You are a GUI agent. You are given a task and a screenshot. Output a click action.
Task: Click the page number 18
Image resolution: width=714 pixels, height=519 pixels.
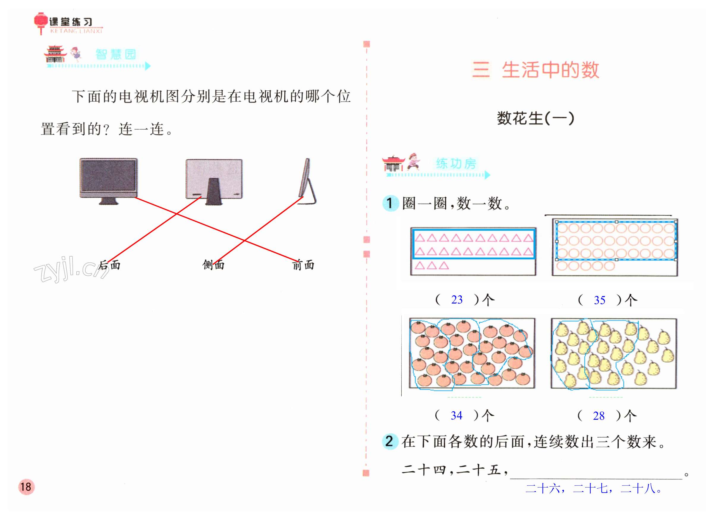pos(26,487)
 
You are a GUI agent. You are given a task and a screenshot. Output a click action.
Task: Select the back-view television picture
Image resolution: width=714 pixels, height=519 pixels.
pos(214,181)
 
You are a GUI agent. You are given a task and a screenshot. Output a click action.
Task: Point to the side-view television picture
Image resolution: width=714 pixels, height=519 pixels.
pos(307,181)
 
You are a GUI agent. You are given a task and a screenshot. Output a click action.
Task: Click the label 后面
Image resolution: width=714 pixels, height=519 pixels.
pos(110,265)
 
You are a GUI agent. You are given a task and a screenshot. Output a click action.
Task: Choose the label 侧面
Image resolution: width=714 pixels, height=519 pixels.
pos(213,265)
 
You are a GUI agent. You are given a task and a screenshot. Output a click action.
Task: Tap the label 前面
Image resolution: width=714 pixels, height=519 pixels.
pos(303,265)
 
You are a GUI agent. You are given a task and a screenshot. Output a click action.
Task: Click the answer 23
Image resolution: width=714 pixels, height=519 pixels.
pos(457,300)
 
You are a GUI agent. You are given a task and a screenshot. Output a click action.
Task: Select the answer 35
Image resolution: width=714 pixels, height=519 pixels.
pos(599,300)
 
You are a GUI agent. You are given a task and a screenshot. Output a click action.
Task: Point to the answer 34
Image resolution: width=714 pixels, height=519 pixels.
pos(456,416)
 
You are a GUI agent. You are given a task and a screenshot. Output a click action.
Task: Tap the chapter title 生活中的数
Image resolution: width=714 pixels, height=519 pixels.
pos(550,70)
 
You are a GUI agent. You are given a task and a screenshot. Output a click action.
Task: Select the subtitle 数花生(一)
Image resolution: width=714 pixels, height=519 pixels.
pos(535,118)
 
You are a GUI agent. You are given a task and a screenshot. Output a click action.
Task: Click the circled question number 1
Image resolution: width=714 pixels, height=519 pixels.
pos(390,203)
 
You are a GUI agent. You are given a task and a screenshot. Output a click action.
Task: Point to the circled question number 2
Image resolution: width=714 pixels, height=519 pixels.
pos(390,441)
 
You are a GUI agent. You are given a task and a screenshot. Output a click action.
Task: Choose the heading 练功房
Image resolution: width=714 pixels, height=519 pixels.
pos(456,164)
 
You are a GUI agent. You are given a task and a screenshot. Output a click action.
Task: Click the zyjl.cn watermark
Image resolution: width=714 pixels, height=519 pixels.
pos(71,269)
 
